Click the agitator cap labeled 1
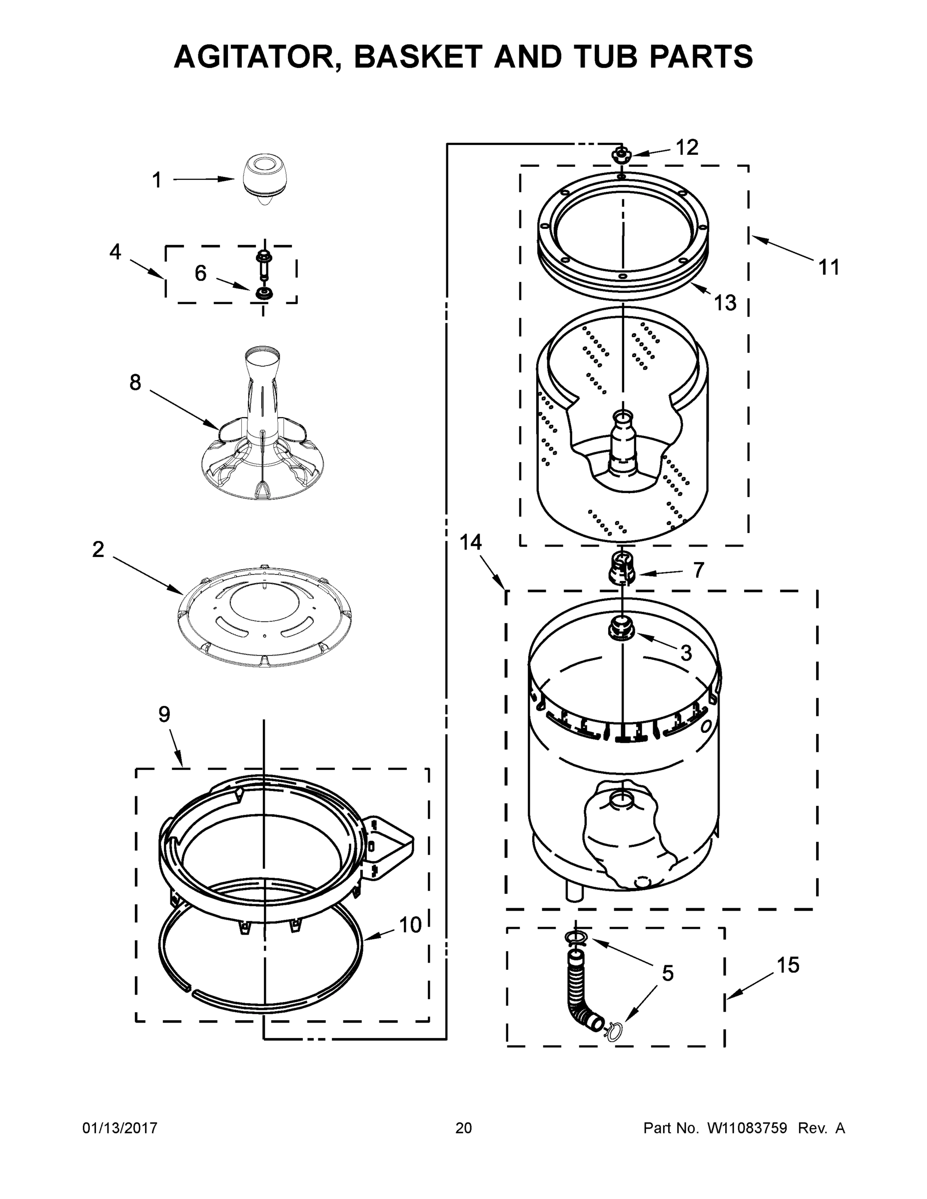click(x=266, y=178)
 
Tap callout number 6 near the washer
click(x=200, y=273)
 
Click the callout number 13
click(x=725, y=302)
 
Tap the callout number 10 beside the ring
click(x=410, y=926)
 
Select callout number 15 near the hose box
click(x=788, y=965)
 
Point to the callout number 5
click(x=667, y=973)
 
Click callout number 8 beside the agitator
click(x=135, y=383)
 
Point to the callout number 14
click(x=470, y=543)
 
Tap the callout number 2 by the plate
click(x=98, y=549)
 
